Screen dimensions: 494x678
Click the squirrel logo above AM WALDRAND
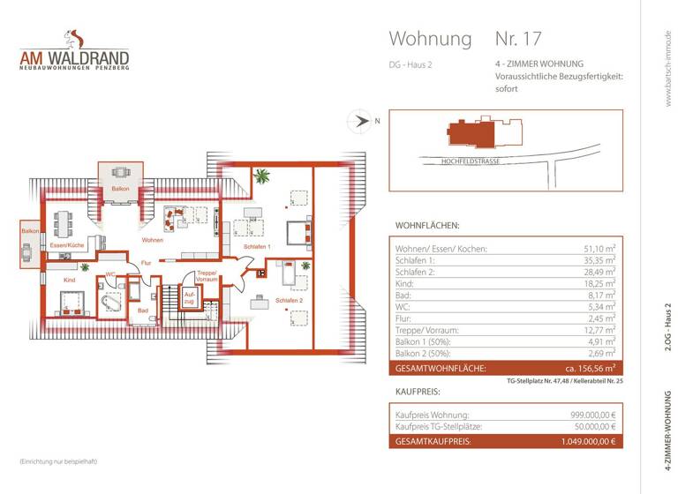click(74, 39)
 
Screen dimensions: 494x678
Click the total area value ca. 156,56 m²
click(590, 367)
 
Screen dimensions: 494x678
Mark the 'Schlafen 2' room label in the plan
click(289, 301)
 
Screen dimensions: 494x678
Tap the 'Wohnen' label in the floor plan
click(152, 240)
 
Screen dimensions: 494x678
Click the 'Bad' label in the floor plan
click(142, 310)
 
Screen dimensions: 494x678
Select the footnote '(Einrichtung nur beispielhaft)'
click(58, 462)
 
